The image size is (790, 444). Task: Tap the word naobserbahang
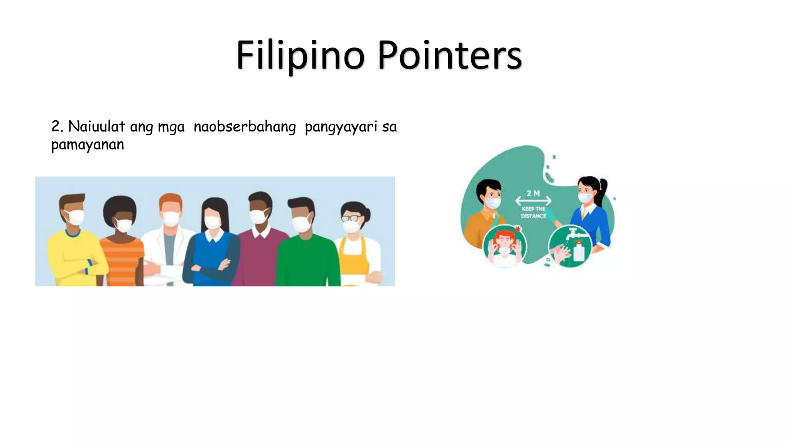pos(245,126)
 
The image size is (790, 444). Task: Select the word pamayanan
pos(88,145)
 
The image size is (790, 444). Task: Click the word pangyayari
pos(341,127)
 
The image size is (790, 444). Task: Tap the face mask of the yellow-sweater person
pos(75,217)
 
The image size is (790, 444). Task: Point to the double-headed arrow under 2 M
pos(533,201)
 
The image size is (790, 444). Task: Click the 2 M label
pos(533,193)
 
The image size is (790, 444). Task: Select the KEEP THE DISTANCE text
pos(533,212)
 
